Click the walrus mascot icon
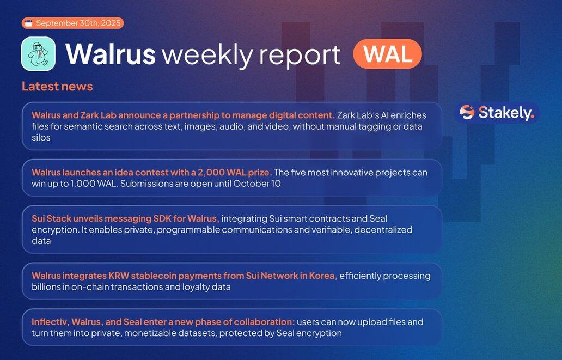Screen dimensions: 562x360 coord(38,54)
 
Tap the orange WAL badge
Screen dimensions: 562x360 coord(387,54)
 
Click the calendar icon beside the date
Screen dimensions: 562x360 coord(29,23)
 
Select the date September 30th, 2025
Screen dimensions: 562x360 coord(78,23)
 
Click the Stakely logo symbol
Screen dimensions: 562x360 coord(467,113)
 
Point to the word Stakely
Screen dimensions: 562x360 coord(506,113)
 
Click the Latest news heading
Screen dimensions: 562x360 coord(57,87)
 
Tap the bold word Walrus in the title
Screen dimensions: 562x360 coord(111,54)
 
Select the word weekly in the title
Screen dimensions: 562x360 coord(207,56)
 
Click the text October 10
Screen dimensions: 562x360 coord(257,184)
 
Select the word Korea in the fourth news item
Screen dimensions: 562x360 coord(325,276)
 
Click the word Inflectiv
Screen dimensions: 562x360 coord(50,322)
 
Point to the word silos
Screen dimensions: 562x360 coord(41,138)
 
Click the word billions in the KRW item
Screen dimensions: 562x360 coord(46,287)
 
